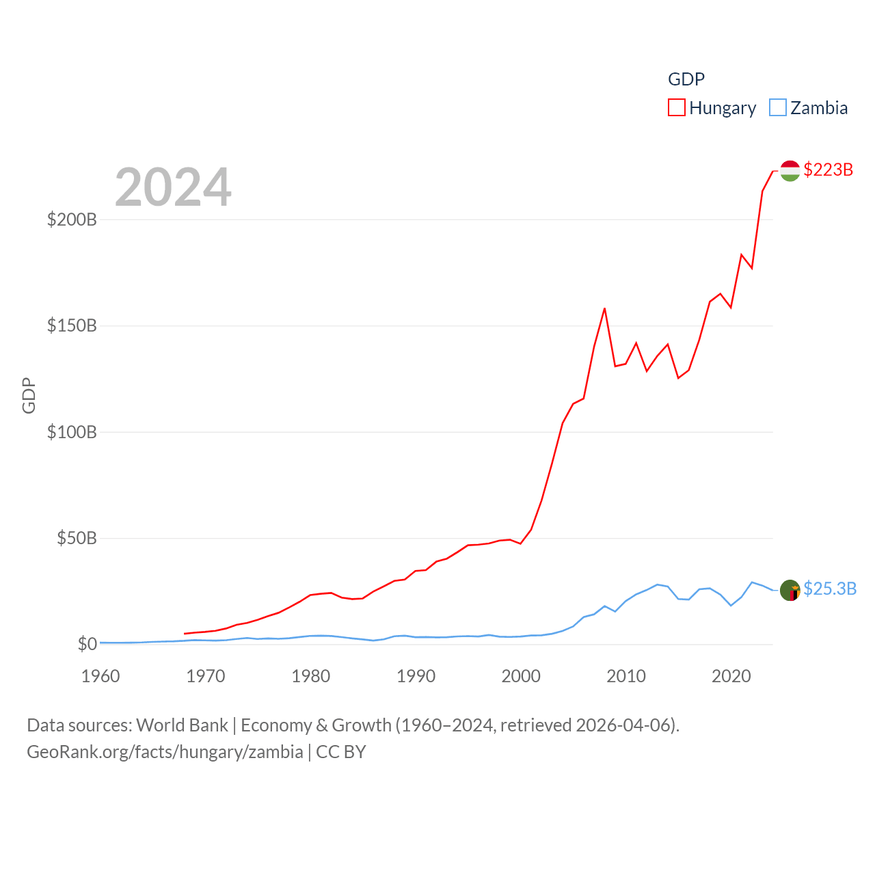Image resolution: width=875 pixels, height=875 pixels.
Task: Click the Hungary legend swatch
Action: click(x=676, y=108)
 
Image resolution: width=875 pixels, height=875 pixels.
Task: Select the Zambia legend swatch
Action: click(x=777, y=108)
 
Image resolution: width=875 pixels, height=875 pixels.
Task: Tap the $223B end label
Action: click(x=828, y=170)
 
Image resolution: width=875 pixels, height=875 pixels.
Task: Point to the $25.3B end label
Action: click(x=829, y=589)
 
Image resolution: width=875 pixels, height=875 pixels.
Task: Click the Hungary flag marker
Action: click(x=790, y=171)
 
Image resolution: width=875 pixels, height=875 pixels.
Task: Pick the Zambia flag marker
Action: click(x=790, y=590)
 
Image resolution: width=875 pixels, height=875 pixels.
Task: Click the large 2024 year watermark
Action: click(x=173, y=187)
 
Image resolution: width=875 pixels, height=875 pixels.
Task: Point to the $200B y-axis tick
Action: click(x=72, y=219)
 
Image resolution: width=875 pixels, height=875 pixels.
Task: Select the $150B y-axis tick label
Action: click(x=72, y=325)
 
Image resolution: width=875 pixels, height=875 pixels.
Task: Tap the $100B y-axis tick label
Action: click(x=72, y=432)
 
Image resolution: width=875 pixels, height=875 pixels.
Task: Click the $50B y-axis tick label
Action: click(x=77, y=538)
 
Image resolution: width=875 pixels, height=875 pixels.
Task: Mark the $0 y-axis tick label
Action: click(x=87, y=644)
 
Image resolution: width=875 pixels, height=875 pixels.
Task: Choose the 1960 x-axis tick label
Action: click(x=100, y=676)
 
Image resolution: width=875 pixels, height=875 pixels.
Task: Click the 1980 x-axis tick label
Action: click(x=311, y=676)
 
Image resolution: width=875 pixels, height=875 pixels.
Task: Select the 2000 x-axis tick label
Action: click(x=521, y=676)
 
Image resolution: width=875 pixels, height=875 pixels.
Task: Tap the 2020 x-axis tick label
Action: click(x=731, y=676)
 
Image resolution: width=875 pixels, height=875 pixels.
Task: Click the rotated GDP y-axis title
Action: click(x=29, y=395)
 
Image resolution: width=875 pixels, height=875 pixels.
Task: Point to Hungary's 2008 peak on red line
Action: click(x=605, y=309)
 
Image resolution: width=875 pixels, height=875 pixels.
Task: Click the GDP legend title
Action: click(x=686, y=79)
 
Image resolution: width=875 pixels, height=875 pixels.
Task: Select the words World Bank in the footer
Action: click(x=182, y=725)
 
